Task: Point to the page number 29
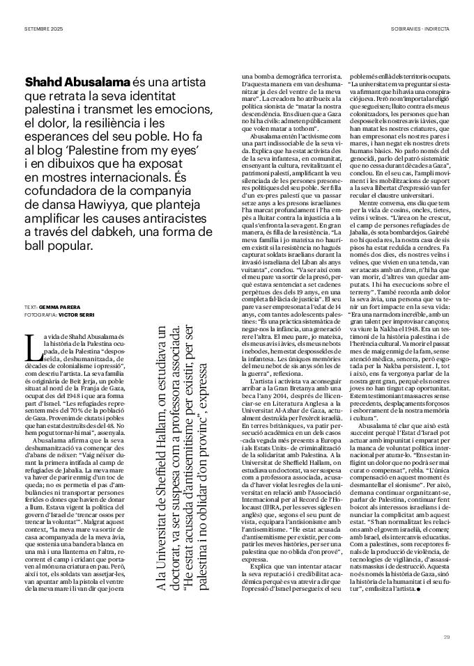(446, 636)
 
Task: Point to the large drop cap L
(30, 345)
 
